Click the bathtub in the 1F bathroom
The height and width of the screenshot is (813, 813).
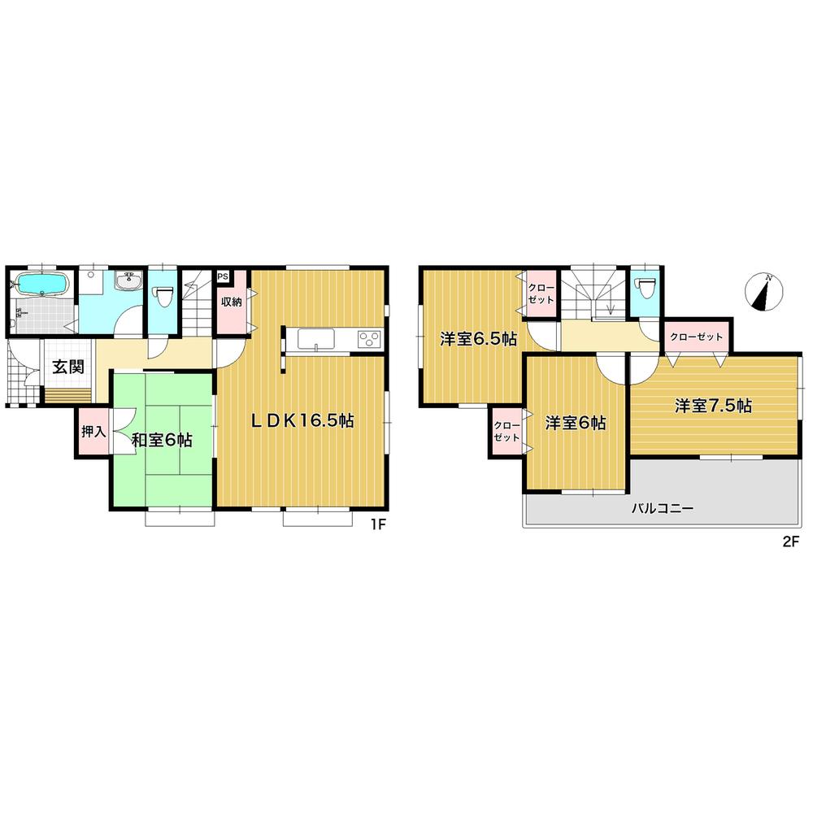[x=41, y=285]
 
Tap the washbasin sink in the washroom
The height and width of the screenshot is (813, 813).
[x=128, y=282]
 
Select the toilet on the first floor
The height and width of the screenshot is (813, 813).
[x=163, y=296]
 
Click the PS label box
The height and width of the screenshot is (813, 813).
[x=223, y=276]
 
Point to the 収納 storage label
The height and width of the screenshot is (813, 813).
[x=232, y=302]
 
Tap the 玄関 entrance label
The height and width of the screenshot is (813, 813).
[x=68, y=367]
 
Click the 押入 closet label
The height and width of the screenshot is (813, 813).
[x=93, y=431]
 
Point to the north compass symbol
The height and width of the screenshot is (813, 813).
[x=763, y=293]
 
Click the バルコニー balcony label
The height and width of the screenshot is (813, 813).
[x=663, y=510]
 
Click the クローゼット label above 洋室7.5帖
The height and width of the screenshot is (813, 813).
[x=697, y=337]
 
